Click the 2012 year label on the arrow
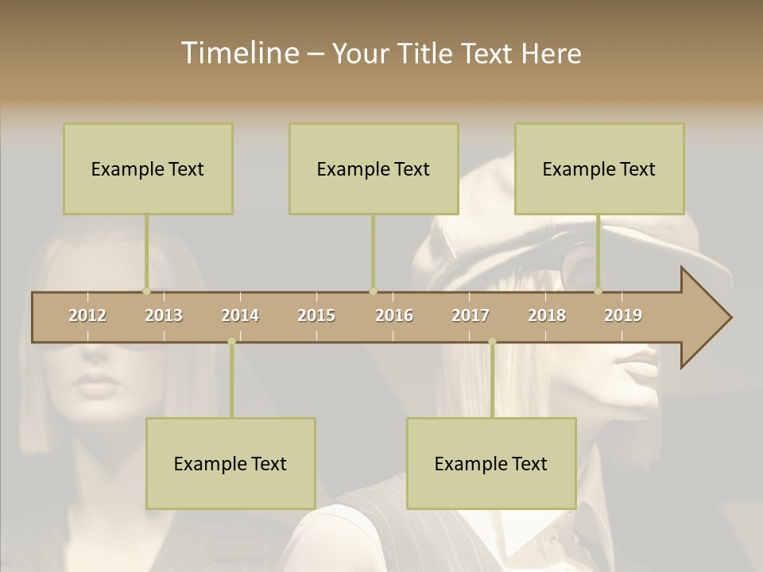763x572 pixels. (87, 315)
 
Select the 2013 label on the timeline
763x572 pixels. (164, 315)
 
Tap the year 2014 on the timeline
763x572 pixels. (240, 315)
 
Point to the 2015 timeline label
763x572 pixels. (316, 315)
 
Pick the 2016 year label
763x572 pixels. (394, 315)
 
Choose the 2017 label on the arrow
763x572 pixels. (471, 315)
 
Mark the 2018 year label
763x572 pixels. (547, 315)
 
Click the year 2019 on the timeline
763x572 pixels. (623, 315)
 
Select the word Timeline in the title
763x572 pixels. (238, 53)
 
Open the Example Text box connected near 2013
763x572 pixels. (148, 168)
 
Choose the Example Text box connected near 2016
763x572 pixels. (374, 168)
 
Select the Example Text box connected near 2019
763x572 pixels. (599, 168)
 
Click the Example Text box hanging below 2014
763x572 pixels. (230, 463)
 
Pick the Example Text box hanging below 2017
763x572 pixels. (491, 463)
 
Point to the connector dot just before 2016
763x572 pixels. (373, 292)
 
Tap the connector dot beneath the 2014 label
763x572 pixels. (231, 342)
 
